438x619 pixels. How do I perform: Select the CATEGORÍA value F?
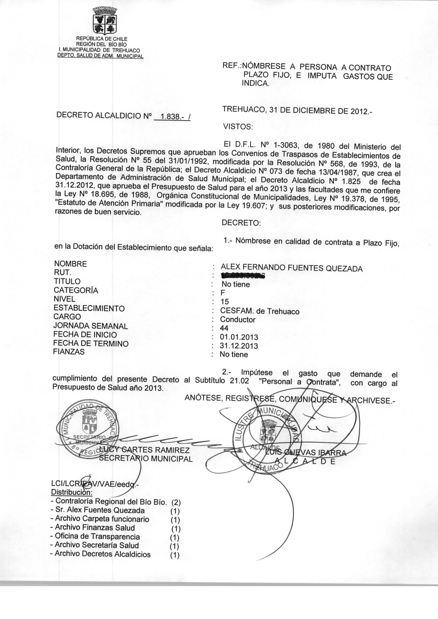(223, 293)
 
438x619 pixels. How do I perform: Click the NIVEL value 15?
(224, 302)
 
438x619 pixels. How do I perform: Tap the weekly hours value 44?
(224, 328)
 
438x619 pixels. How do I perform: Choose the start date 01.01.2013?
(239, 337)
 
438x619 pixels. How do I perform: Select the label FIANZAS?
(69, 352)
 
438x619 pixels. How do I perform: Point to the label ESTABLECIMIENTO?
(89, 308)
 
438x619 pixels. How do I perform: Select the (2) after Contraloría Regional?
(176, 502)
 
